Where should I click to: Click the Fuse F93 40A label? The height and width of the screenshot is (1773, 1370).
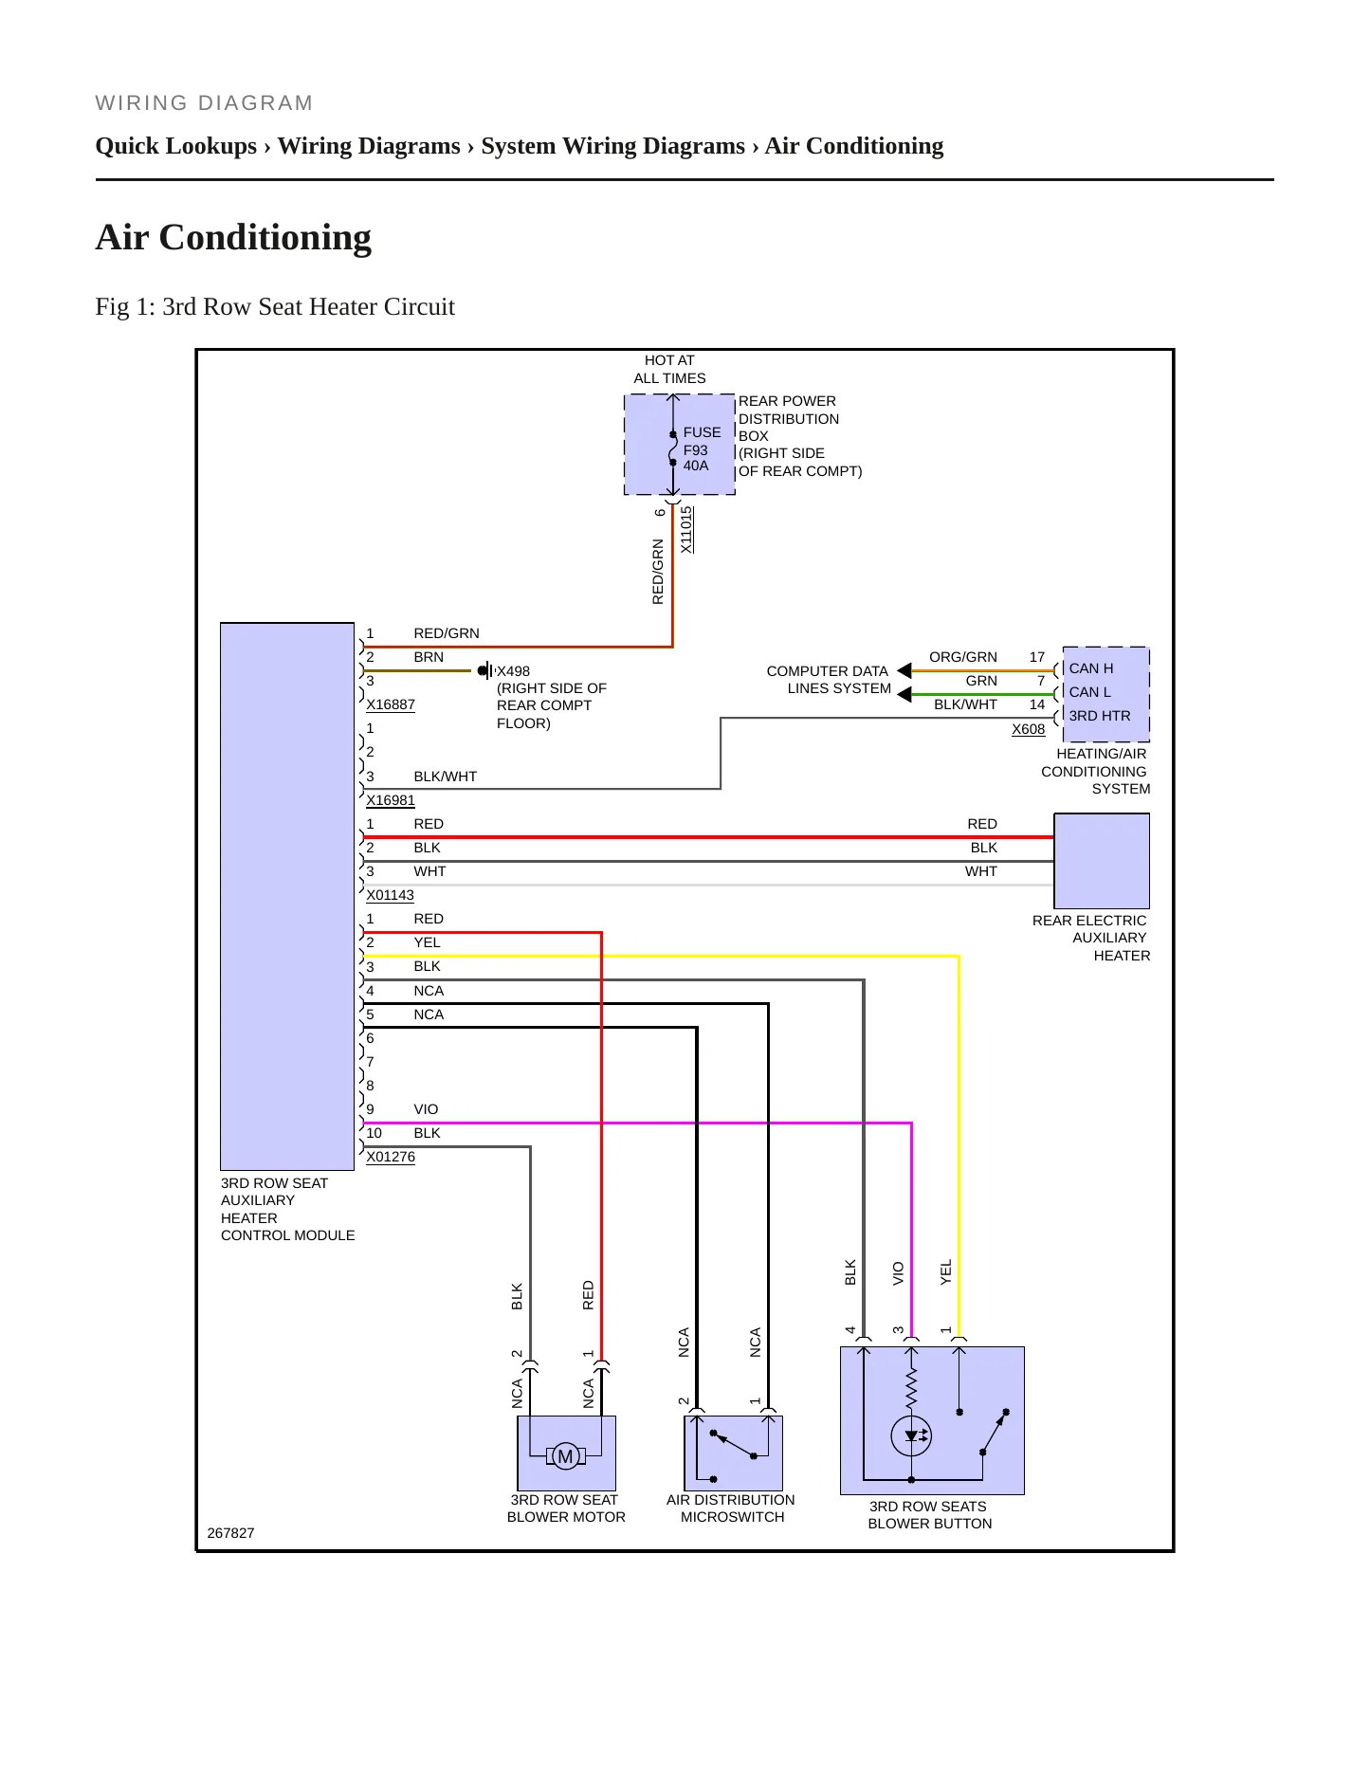click(701, 448)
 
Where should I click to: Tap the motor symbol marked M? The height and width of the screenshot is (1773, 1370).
click(565, 1456)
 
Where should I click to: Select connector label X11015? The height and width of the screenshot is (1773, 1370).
click(686, 529)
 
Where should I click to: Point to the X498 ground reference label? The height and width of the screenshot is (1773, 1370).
click(513, 671)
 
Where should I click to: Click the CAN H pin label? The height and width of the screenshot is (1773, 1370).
click(1091, 668)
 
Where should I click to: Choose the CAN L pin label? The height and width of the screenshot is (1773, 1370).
click(1089, 692)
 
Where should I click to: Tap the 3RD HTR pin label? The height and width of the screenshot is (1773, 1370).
click(1100, 716)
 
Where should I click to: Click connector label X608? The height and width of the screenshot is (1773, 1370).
click(1028, 729)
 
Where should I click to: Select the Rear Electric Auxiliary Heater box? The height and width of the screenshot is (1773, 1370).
click(1102, 861)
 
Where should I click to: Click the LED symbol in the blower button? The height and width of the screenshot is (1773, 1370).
click(911, 1436)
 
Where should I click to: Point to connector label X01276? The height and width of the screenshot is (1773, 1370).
click(391, 1157)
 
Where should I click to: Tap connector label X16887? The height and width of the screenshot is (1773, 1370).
click(391, 704)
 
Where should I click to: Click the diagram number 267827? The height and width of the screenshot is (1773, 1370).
click(230, 1533)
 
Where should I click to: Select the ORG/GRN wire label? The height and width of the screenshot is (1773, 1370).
click(963, 657)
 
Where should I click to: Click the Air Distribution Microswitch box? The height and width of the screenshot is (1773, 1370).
click(733, 1453)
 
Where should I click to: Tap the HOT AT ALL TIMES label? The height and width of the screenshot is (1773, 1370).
click(669, 369)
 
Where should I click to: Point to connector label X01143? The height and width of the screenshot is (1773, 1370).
click(391, 895)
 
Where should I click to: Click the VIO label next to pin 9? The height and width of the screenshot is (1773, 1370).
click(426, 1109)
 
